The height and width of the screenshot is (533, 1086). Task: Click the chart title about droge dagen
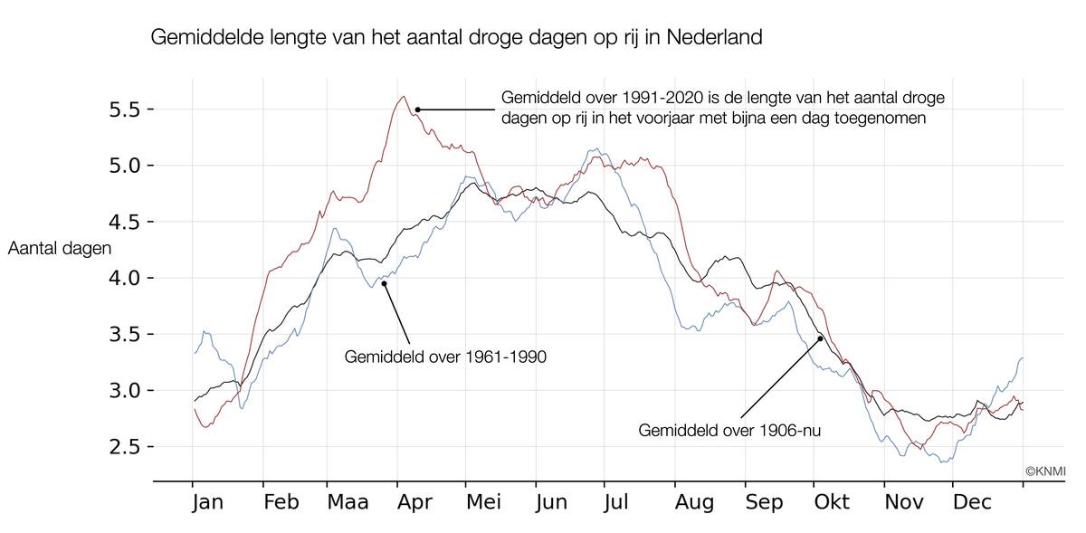point(456,38)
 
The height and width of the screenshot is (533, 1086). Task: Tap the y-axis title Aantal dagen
point(59,249)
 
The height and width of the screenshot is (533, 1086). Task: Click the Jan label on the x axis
point(207,502)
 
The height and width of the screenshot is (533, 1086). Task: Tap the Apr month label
point(415,502)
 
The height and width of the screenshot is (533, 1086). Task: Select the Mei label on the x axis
point(485,502)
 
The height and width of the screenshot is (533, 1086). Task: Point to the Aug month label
point(695,502)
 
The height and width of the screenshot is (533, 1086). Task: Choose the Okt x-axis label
point(832,502)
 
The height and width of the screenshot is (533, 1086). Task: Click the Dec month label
point(973,502)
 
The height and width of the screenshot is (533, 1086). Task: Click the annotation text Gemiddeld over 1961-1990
point(445,357)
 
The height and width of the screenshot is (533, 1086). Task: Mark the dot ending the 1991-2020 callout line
point(417,109)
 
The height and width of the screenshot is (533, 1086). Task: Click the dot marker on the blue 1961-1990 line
point(384,283)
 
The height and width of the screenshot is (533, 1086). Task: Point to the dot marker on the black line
point(821,338)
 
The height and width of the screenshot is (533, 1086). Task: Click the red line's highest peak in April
point(403,97)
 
